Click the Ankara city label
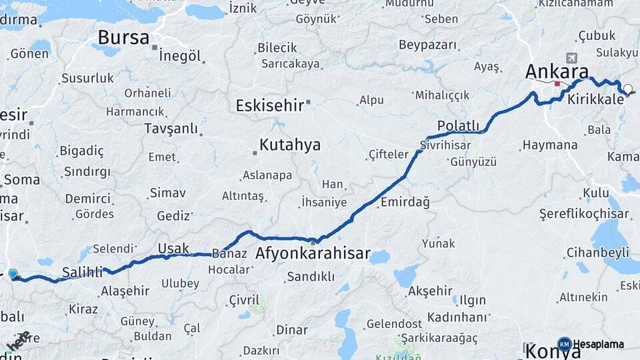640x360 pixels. point(557,71)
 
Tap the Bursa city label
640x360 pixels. point(123,37)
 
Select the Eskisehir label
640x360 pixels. point(269,105)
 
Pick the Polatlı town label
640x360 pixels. point(458,126)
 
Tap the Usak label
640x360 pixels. point(173,249)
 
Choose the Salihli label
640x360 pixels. point(82,272)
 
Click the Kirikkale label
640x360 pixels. point(596,99)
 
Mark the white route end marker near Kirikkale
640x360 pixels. point(627,89)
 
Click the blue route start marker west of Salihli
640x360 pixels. point(13,273)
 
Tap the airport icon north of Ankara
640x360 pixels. point(571,58)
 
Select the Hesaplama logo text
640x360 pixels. point(598,344)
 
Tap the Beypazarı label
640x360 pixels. point(428,45)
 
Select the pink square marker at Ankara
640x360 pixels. point(557,84)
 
